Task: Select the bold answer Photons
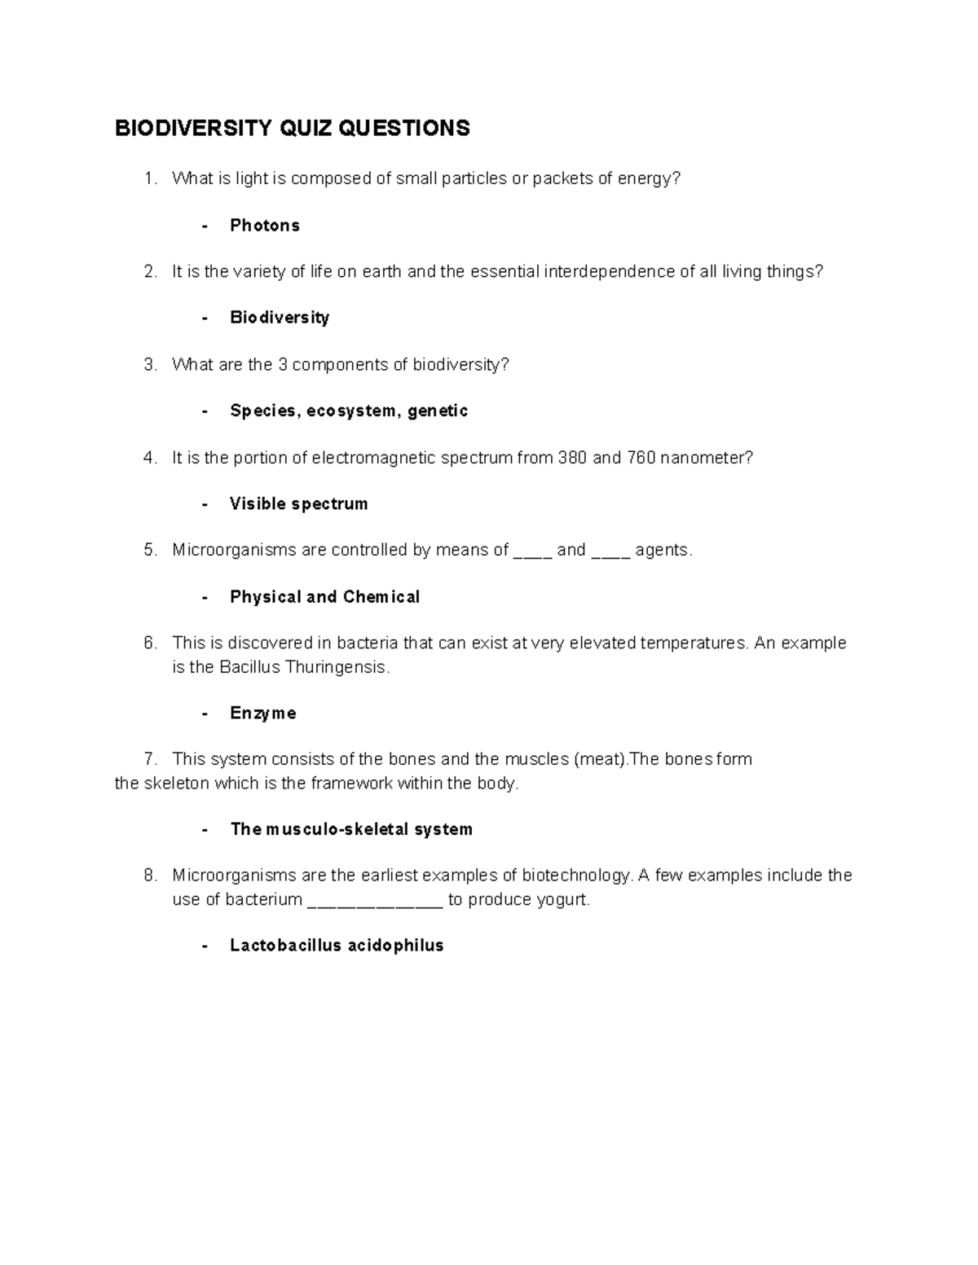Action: (x=264, y=226)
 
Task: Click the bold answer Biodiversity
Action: (x=280, y=318)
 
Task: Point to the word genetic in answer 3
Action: (x=438, y=411)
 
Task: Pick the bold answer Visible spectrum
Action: (x=298, y=504)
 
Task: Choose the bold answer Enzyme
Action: (x=262, y=714)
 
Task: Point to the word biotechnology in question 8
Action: (x=577, y=876)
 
